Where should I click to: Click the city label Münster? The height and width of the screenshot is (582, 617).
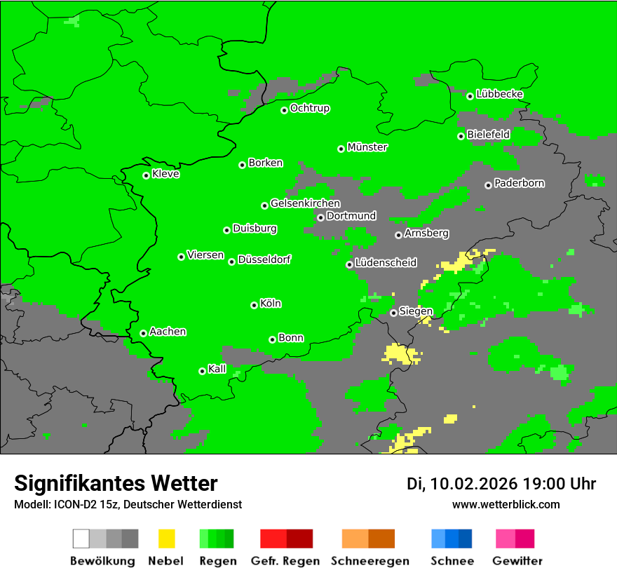[367, 147]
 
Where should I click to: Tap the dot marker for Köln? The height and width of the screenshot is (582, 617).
[254, 305]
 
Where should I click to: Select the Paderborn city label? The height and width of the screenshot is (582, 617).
[519, 183]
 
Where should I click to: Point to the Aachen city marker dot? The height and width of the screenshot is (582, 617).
[143, 333]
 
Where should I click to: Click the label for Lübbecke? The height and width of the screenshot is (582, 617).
[499, 94]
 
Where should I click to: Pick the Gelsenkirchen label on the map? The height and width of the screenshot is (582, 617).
[305, 203]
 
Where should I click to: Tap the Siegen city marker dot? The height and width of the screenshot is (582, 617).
[393, 313]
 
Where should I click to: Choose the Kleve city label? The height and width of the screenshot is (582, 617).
[165, 174]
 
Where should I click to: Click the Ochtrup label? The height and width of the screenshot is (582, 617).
[309, 108]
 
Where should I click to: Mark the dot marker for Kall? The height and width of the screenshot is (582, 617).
[202, 371]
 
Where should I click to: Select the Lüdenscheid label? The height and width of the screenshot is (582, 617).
[386, 263]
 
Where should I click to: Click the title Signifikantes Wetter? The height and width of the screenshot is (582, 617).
[116, 483]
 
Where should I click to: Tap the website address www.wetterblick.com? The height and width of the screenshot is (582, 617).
[506, 504]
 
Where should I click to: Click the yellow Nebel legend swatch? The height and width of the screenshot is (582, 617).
[166, 539]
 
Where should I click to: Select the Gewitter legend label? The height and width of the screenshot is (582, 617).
[517, 561]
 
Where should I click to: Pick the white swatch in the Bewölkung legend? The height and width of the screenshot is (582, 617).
[81, 539]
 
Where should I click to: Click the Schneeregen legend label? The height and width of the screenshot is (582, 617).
[369, 561]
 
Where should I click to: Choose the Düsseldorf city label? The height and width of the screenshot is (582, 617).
[264, 259]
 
